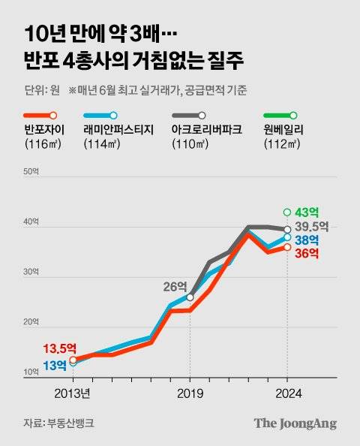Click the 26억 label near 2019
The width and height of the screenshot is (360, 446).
[x=176, y=285]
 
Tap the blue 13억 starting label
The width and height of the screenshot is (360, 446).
[x=54, y=366]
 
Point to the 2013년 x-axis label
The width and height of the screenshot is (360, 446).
[x=73, y=393]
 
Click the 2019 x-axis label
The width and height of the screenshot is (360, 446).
[x=190, y=393]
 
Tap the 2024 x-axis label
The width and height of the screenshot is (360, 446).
[x=287, y=393]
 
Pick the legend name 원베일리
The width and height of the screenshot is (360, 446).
[x=284, y=129]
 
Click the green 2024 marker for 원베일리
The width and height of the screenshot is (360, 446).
[x=287, y=212]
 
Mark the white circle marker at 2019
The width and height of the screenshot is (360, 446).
[x=190, y=297]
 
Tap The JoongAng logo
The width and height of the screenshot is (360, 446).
[x=295, y=423]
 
